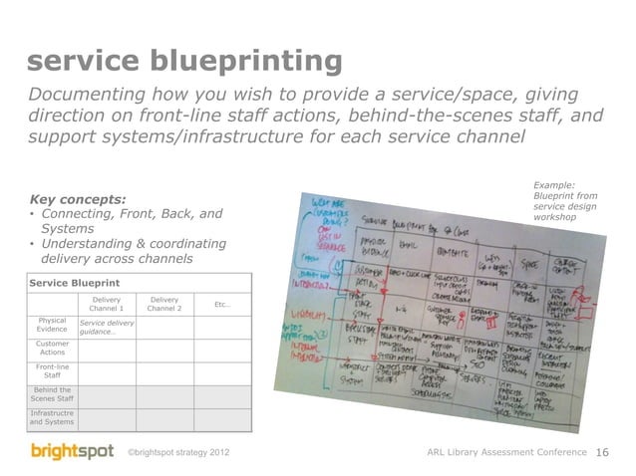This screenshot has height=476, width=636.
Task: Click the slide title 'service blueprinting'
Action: point(185,63)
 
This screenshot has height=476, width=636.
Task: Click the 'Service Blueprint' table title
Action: point(69,282)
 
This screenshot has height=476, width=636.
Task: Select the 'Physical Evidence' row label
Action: point(52,327)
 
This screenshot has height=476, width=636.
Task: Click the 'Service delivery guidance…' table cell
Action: point(107,327)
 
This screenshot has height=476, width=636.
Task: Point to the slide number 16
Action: point(602,454)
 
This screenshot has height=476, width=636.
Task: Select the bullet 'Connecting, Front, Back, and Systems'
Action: point(125,220)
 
